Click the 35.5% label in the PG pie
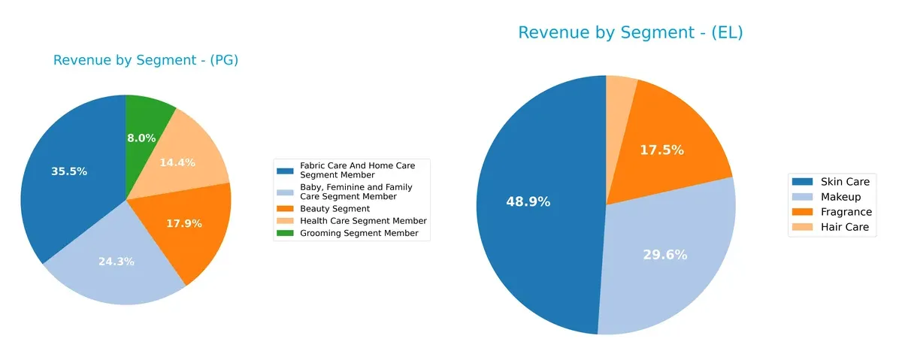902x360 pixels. tap(69, 171)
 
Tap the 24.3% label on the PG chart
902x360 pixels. tap(117, 262)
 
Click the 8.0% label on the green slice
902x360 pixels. tap(141, 138)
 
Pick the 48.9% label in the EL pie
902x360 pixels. tap(528, 201)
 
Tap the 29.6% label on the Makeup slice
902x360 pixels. tap(665, 255)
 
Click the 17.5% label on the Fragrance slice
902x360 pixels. tap(661, 150)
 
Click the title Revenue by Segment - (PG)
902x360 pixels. tap(146, 61)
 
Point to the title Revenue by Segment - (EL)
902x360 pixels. tap(631, 33)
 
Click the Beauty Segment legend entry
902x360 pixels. tap(334, 208)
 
